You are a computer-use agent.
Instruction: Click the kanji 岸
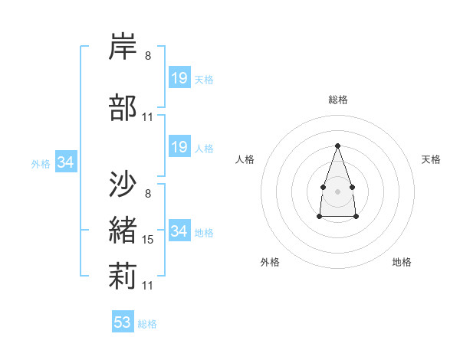coord(123,46)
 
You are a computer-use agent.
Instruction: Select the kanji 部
coord(123,107)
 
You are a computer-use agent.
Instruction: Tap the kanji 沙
coord(123,184)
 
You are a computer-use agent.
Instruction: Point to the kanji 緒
coord(123,230)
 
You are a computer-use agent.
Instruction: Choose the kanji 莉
coord(123,276)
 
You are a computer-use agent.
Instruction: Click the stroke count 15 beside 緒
coord(147,240)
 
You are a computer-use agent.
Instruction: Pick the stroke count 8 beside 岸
coord(148,56)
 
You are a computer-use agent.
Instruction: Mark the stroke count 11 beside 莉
coord(147,286)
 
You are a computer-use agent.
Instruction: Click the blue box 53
coord(123,321)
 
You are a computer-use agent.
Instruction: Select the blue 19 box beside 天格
coord(180,77)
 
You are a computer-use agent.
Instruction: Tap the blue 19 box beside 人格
coord(180,146)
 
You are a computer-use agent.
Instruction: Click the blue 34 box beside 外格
coord(66,162)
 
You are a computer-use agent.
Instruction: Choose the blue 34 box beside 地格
coord(180,230)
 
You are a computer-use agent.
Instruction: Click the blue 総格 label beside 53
coord(147,324)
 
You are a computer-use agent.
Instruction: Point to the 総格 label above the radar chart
coord(338,100)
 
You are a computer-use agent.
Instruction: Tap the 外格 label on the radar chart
coord(270,262)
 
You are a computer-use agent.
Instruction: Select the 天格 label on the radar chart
coord(431,159)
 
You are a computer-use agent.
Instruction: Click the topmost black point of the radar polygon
coord(337,146)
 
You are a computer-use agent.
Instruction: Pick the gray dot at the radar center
coord(337,191)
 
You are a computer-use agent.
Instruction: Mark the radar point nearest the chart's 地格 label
coord(356,217)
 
